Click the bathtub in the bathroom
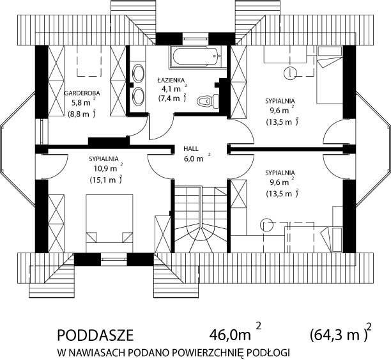(x=196, y=57)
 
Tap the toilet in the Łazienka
(x=208, y=101)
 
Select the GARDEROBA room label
(x=82, y=93)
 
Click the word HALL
(x=191, y=149)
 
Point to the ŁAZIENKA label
(x=171, y=80)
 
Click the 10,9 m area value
(x=105, y=169)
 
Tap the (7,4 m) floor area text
(x=172, y=98)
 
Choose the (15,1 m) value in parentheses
(x=105, y=180)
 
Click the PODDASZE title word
(x=95, y=336)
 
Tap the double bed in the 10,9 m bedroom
(x=109, y=223)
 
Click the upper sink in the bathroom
(x=138, y=73)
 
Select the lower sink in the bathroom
(x=138, y=96)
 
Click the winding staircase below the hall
(x=201, y=220)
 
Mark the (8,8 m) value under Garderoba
(x=82, y=114)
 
